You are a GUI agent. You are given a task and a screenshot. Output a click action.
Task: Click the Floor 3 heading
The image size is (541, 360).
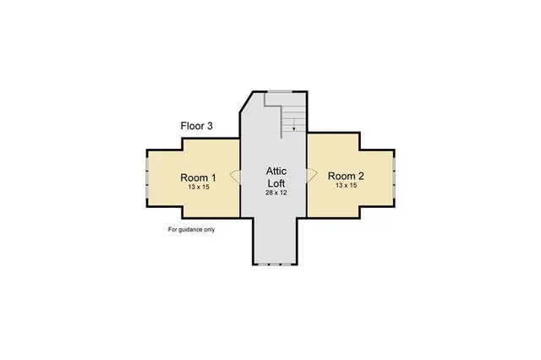(x=196, y=126)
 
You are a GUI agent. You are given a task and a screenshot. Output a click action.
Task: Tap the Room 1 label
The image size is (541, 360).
(x=198, y=177)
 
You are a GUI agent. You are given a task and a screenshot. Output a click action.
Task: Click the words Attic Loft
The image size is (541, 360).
(x=276, y=177)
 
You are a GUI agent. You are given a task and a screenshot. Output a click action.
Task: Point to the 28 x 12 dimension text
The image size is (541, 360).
(x=276, y=194)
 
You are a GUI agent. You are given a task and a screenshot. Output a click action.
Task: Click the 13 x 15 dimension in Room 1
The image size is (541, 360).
(x=198, y=187)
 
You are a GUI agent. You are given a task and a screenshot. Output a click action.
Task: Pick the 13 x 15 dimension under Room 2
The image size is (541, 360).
(x=345, y=184)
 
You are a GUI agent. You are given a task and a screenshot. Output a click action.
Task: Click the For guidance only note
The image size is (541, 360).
(x=191, y=229)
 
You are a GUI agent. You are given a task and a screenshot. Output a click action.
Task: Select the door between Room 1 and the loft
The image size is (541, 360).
(x=236, y=177)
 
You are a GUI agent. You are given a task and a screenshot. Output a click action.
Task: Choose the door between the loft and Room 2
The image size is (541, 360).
(x=311, y=177)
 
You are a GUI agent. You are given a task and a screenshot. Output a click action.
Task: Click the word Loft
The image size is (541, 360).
(x=276, y=183)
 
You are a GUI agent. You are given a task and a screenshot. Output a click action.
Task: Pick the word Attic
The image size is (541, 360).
(x=276, y=172)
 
